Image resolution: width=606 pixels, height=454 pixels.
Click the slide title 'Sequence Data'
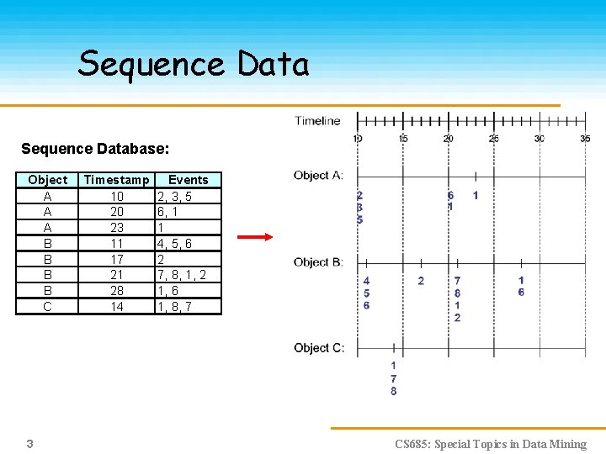(194, 64)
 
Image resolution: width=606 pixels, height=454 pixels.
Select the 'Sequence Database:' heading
(95, 149)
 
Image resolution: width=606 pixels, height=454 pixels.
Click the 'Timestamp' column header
(117, 180)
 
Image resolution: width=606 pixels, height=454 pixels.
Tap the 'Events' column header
(188, 180)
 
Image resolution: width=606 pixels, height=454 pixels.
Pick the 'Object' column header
(47, 180)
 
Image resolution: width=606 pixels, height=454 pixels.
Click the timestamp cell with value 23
(117, 228)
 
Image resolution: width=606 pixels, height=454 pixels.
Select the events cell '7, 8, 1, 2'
(181, 276)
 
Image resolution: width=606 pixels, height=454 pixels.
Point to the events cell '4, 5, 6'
(174, 244)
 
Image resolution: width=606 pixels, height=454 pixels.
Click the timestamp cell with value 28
(117, 291)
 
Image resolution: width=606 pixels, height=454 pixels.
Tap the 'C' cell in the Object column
(47, 307)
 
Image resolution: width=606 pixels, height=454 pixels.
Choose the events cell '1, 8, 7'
(174, 307)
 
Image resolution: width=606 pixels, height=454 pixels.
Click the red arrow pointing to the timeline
(255, 238)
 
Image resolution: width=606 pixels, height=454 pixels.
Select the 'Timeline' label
(317, 121)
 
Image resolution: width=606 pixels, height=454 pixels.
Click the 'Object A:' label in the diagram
(318, 176)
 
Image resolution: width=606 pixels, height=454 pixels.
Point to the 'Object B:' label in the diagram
(318, 262)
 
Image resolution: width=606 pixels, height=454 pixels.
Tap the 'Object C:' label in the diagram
(318, 348)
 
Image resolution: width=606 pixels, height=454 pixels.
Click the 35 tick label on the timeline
(585, 139)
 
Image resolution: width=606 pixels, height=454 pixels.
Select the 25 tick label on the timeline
(494, 139)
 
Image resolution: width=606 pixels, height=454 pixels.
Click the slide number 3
(29, 443)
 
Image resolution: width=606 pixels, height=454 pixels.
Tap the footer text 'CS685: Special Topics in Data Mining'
(491, 444)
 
